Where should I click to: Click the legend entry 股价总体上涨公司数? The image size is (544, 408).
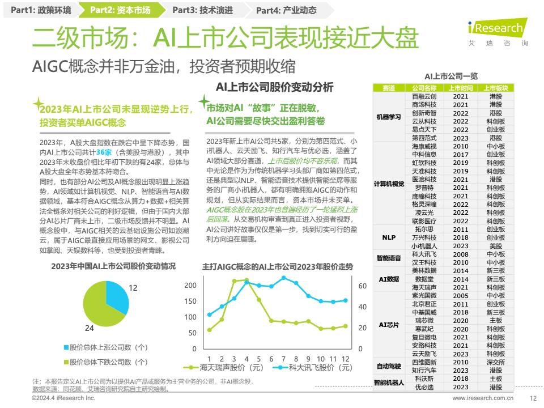point(108,347)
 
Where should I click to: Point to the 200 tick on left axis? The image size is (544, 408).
point(190,285)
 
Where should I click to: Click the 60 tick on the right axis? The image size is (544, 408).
point(363,286)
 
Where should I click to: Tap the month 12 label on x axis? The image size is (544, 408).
point(346,359)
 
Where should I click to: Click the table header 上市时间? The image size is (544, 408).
point(460,88)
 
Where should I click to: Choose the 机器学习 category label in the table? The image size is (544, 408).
point(389,117)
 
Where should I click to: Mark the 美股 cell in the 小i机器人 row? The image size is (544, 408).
point(495,246)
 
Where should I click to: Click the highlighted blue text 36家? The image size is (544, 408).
point(104,152)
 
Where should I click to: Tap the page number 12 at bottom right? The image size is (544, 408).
point(532,398)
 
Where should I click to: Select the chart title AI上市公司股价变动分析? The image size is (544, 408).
point(275,87)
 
